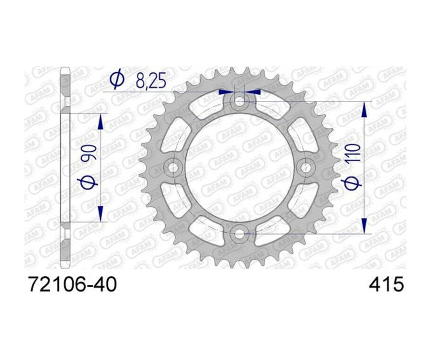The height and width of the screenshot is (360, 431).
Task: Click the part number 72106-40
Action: point(72,285)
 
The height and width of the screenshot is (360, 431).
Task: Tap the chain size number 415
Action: point(386,285)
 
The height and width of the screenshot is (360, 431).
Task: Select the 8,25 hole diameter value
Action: point(150,80)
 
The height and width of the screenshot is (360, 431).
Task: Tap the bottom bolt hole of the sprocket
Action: point(238,234)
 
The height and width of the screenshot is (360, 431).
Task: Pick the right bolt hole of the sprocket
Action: point(305,167)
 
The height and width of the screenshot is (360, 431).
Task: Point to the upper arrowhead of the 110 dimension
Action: point(364,111)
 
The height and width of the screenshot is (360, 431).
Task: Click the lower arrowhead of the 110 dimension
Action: point(364,223)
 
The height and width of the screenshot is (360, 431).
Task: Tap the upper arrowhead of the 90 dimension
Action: point(101,123)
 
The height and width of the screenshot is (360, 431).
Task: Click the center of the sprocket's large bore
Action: point(238,167)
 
